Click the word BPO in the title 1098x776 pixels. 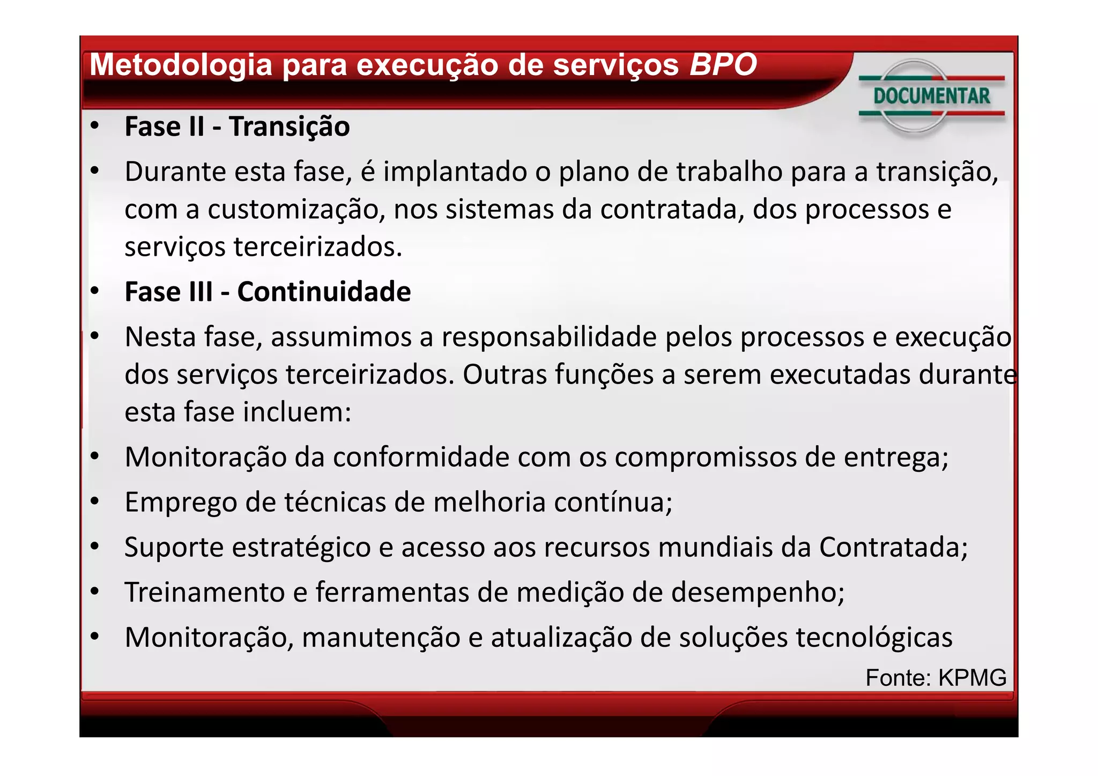pyautogui.click(x=722, y=65)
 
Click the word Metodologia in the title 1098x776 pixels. pyautogui.click(x=181, y=65)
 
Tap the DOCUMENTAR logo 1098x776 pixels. pyautogui.click(x=931, y=97)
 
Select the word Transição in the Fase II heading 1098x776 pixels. pyautogui.click(x=289, y=127)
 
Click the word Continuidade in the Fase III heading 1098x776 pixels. pyautogui.click(x=324, y=292)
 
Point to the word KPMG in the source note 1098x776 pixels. pyautogui.click(x=972, y=678)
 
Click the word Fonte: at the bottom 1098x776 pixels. pyautogui.click(x=898, y=678)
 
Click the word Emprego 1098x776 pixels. pyautogui.click(x=181, y=503)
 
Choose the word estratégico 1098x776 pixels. pyautogui.click(x=301, y=548)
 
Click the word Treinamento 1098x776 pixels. pyautogui.click(x=204, y=593)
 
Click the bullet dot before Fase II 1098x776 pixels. pyautogui.click(x=95, y=126)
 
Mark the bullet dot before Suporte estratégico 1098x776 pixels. pyautogui.click(x=95, y=546)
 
